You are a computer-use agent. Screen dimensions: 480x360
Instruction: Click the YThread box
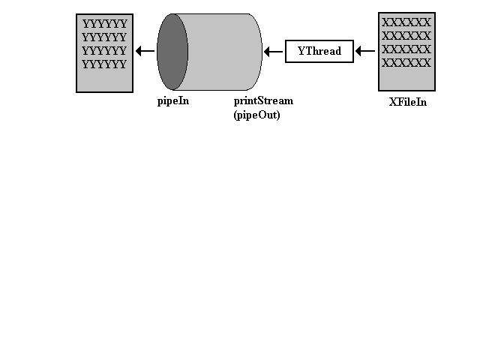click(x=319, y=51)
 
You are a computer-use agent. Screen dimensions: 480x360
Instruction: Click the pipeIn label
click(x=173, y=101)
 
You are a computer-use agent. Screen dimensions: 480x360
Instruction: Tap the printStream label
click(x=263, y=100)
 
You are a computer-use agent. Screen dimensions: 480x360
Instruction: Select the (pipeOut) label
click(x=256, y=115)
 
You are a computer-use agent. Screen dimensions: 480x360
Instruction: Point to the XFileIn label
click(x=408, y=102)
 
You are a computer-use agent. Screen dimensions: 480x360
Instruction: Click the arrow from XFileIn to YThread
click(x=365, y=51)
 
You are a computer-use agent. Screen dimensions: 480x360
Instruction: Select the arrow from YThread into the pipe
click(x=273, y=52)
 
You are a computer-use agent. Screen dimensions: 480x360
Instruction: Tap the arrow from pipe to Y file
click(x=145, y=51)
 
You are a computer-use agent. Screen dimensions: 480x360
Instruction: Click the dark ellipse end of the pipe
click(x=172, y=52)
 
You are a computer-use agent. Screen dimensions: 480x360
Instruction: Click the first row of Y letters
click(x=105, y=24)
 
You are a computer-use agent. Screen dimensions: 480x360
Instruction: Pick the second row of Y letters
click(x=104, y=37)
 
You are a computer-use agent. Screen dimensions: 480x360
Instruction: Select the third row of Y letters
click(x=104, y=51)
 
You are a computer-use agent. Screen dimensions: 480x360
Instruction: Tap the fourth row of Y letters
click(x=104, y=64)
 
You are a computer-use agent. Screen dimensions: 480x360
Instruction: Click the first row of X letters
click(x=406, y=22)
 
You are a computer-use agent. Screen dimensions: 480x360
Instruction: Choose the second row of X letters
click(x=406, y=36)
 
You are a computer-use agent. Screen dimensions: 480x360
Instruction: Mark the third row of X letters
click(x=406, y=49)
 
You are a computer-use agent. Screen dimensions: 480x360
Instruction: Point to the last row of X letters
click(x=406, y=63)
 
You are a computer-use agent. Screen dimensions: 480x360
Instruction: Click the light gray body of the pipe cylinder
click(x=225, y=52)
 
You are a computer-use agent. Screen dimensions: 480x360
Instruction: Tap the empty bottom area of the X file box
click(x=406, y=79)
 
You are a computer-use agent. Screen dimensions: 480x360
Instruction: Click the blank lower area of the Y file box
click(x=104, y=80)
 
